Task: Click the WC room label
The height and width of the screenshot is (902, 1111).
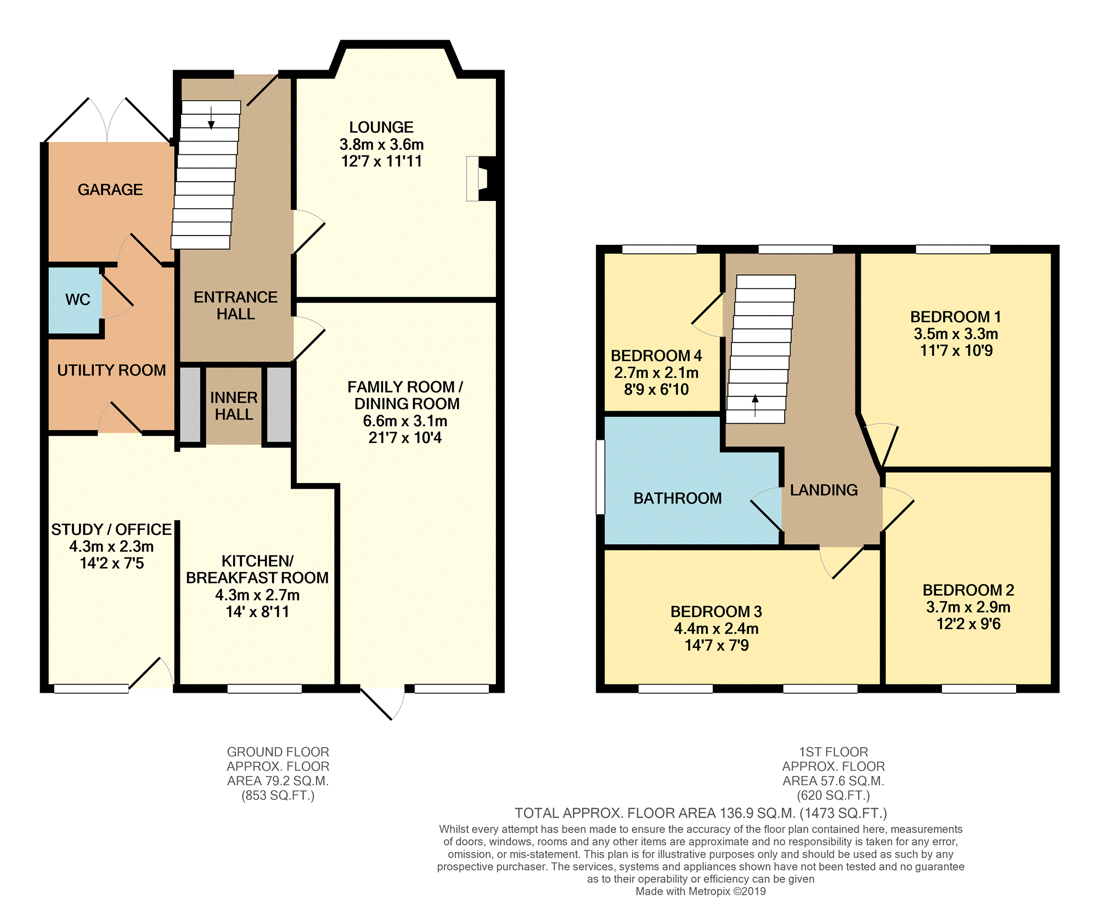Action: [x=77, y=300]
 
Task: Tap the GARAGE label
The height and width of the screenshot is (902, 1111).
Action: [x=110, y=190]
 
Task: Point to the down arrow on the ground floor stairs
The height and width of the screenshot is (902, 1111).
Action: [x=211, y=118]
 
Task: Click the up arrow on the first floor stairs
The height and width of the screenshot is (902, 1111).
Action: [x=755, y=405]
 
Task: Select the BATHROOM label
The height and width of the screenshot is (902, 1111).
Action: [x=678, y=498]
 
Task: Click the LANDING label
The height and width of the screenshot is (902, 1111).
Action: [x=824, y=490]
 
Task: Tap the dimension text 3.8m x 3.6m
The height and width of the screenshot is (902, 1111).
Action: [x=381, y=144]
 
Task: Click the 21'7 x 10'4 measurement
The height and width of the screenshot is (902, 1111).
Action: [x=405, y=438]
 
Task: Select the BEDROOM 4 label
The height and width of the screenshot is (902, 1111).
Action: [x=656, y=356]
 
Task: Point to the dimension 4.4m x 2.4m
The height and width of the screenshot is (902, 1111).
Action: [x=716, y=629]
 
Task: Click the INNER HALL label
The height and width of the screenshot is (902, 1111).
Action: [x=234, y=406]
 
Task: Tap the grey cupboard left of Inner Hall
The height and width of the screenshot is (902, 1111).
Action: [x=190, y=405]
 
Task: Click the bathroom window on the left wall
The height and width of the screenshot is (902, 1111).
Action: [x=600, y=477]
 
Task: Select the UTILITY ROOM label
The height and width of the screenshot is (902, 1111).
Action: [x=111, y=371]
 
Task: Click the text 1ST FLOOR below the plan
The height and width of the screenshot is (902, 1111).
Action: [x=833, y=752]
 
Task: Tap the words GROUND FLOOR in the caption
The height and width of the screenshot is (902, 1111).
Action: [x=278, y=752]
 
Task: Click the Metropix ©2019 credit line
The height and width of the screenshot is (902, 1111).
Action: [x=701, y=891]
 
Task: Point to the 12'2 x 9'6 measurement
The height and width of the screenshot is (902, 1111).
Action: [x=968, y=624]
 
